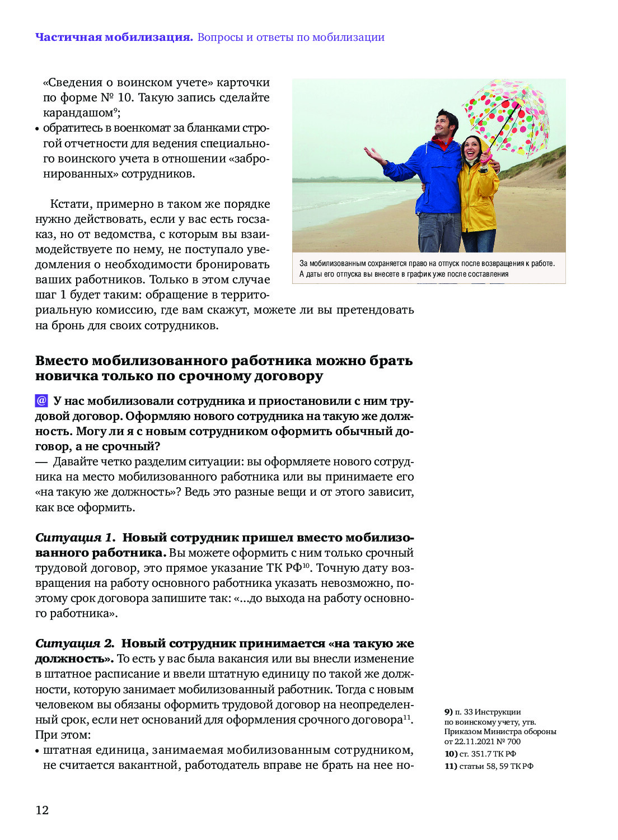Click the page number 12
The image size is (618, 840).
point(42,810)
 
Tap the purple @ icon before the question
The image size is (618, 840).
point(41,401)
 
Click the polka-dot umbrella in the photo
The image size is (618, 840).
point(507,115)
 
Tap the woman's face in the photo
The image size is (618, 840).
point(472,148)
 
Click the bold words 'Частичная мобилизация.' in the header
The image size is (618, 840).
point(114,38)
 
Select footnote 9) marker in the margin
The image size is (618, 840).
point(448,712)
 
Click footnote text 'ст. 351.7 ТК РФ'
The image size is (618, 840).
point(488,754)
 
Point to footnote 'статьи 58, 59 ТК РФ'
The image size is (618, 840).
point(496,766)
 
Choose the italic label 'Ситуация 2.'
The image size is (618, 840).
point(74,643)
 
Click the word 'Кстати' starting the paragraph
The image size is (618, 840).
point(70,204)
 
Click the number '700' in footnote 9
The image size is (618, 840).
point(513,741)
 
